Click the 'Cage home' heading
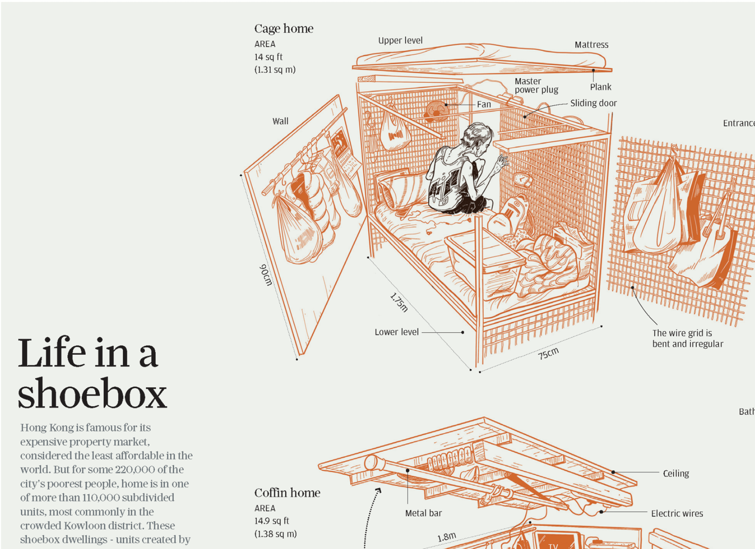coord(284,29)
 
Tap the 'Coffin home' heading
coord(287,493)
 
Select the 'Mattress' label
coord(591,45)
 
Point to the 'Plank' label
coord(600,87)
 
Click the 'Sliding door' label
coord(593,103)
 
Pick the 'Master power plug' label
coord(536,85)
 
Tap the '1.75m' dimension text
coord(399,302)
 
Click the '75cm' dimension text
coord(548,354)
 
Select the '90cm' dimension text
coord(265,275)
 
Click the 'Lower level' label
coord(396,332)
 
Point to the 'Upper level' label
coord(400,41)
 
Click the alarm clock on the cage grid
coord(523,179)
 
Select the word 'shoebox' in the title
coord(92,394)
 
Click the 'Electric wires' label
coord(676,513)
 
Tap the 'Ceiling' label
coord(676,473)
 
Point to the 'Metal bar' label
coord(423,513)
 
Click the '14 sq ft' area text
coord(268,57)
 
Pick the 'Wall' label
coord(280,121)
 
